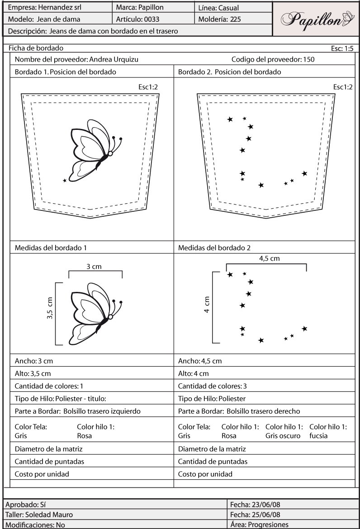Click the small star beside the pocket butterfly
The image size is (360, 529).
(x=65, y=181)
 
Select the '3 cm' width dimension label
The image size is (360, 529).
(x=94, y=267)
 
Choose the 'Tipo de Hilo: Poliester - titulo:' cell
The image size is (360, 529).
(x=63, y=399)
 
